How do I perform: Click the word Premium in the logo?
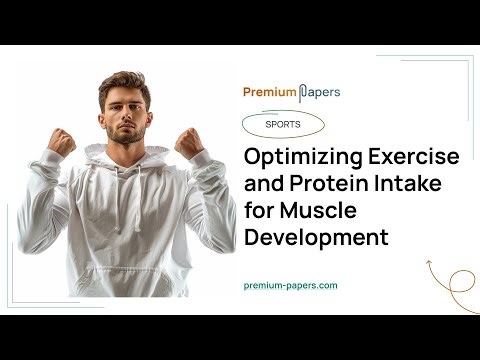[x=269, y=93]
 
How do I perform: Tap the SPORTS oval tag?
[x=284, y=125]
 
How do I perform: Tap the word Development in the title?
[x=316, y=238]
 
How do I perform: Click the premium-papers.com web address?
[x=290, y=285]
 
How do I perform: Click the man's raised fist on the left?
[x=62, y=142]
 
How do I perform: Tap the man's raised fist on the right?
[x=189, y=143]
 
